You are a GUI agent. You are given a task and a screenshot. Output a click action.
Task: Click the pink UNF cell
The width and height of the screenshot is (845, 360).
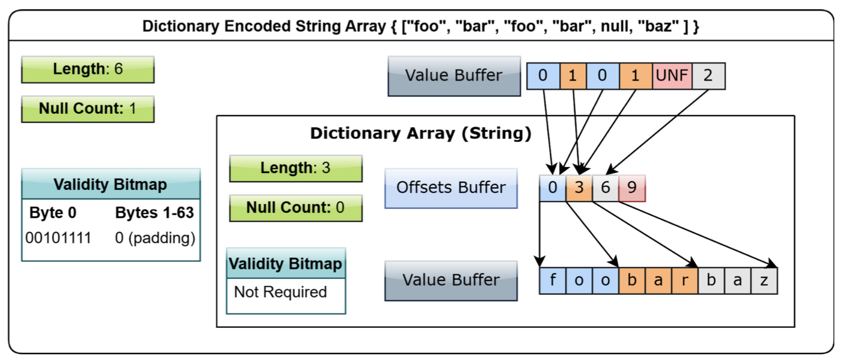pyautogui.click(x=672, y=76)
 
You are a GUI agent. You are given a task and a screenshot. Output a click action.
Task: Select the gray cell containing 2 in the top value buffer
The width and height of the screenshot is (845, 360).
pyautogui.click(x=708, y=76)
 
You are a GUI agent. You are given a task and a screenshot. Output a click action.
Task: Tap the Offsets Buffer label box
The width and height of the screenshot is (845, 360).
pyautogui.click(x=451, y=188)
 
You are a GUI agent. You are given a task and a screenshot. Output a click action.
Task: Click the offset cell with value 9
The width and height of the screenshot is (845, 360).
pyautogui.click(x=632, y=188)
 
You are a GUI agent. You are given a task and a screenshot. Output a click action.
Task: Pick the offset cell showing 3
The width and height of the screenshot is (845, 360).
pyautogui.click(x=579, y=188)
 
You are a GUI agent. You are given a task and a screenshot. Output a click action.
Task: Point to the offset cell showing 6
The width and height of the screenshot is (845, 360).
pyautogui.click(x=606, y=188)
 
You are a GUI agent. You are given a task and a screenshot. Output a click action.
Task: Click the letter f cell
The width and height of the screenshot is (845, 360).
pyautogui.click(x=553, y=280)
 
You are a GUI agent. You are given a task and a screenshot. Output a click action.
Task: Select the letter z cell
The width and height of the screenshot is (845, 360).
pyautogui.click(x=764, y=280)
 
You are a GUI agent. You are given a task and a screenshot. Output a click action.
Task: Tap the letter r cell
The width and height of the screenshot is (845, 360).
pyautogui.click(x=685, y=280)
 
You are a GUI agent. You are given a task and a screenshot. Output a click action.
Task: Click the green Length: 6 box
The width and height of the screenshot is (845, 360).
pyautogui.click(x=88, y=69)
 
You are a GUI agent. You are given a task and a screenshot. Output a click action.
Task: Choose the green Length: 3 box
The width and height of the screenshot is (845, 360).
pyautogui.click(x=296, y=168)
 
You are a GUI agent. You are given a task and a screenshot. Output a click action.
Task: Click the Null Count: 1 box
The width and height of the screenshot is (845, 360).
pyautogui.click(x=88, y=109)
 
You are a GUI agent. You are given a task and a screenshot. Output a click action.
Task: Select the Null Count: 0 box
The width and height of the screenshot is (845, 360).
pyautogui.click(x=296, y=208)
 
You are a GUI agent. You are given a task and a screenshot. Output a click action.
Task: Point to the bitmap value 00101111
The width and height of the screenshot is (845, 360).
pyautogui.click(x=58, y=238)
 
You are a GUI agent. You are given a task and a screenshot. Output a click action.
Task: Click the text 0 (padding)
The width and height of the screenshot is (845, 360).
pyautogui.click(x=155, y=238)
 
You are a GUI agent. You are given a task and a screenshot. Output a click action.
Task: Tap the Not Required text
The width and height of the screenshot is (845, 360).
pyautogui.click(x=280, y=292)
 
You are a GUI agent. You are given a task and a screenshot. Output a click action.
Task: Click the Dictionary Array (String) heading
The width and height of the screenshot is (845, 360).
pyautogui.click(x=420, y=133)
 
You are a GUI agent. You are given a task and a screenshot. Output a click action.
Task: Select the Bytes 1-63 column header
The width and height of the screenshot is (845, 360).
pyautogui.click(x=154, y=213)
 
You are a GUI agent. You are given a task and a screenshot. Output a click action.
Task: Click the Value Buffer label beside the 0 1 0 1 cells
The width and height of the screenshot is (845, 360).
pyautogui.click(x=454, y=76)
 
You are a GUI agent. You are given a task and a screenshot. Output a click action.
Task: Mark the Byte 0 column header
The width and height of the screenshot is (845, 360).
pyautogui.click(x=53, y=213)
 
